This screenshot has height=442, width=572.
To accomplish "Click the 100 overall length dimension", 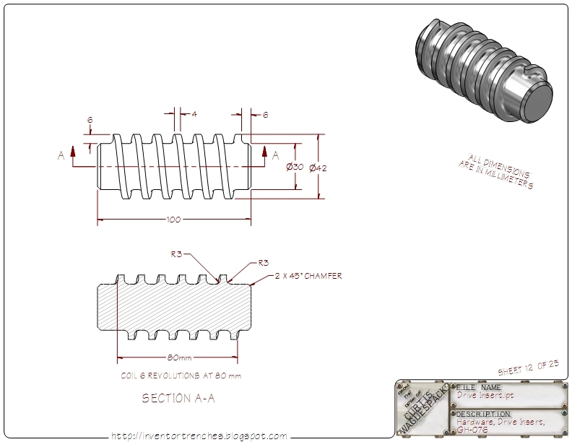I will [x=173, y=220].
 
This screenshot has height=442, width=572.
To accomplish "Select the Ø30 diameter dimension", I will [x=295, y=168].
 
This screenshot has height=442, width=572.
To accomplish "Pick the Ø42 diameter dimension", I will [x=318, y=168].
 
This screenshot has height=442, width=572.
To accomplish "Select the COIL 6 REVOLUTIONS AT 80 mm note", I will [x=181, y=376].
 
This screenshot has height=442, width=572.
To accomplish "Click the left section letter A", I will [x=61, y=155].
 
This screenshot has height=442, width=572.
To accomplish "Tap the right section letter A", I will [x=274, y=155].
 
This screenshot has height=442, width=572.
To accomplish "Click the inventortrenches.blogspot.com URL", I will [x=199, y=435].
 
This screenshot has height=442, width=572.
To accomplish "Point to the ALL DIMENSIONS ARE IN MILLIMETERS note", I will [x=498, y=172].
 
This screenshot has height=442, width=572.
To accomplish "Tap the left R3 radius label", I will [x=176, y=254].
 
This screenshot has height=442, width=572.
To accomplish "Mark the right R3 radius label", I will [x=264, y=263].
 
